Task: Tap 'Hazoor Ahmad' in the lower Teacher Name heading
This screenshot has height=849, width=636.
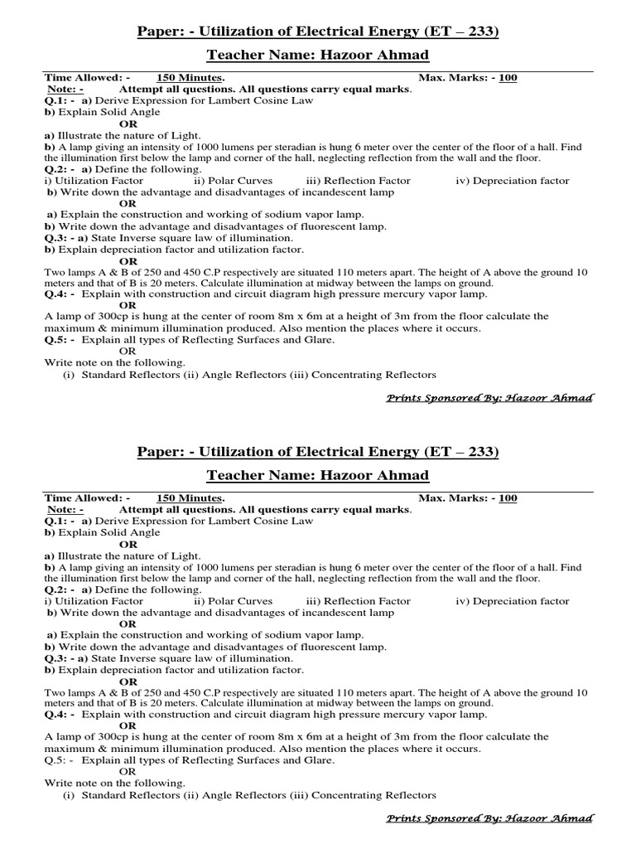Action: point(380,475)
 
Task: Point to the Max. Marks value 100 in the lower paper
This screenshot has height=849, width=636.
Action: point(508,498)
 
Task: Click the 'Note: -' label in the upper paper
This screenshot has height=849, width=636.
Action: point(65,89)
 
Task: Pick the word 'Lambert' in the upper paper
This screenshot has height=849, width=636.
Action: point(240,100)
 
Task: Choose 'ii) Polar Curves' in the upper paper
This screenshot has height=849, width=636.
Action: point(233,180)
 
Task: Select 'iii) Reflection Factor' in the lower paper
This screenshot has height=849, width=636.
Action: point(358,601)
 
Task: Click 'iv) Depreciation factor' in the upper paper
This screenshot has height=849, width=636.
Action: point(513,180)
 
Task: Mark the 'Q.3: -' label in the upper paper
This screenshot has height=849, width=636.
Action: point(60,238)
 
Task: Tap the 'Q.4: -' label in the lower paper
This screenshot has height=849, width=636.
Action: point(60,714)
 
